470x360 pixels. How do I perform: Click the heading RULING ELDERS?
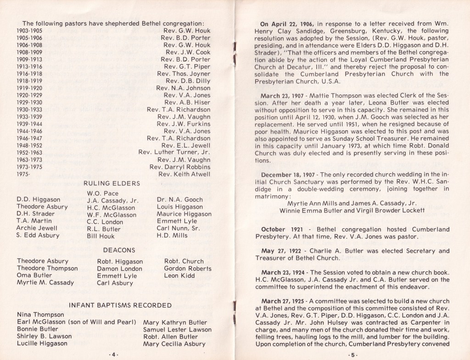(112, 183)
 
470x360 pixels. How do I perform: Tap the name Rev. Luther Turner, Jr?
(174, 152)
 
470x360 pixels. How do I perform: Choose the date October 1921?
(281, 229)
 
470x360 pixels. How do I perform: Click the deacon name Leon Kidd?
(179, 276)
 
